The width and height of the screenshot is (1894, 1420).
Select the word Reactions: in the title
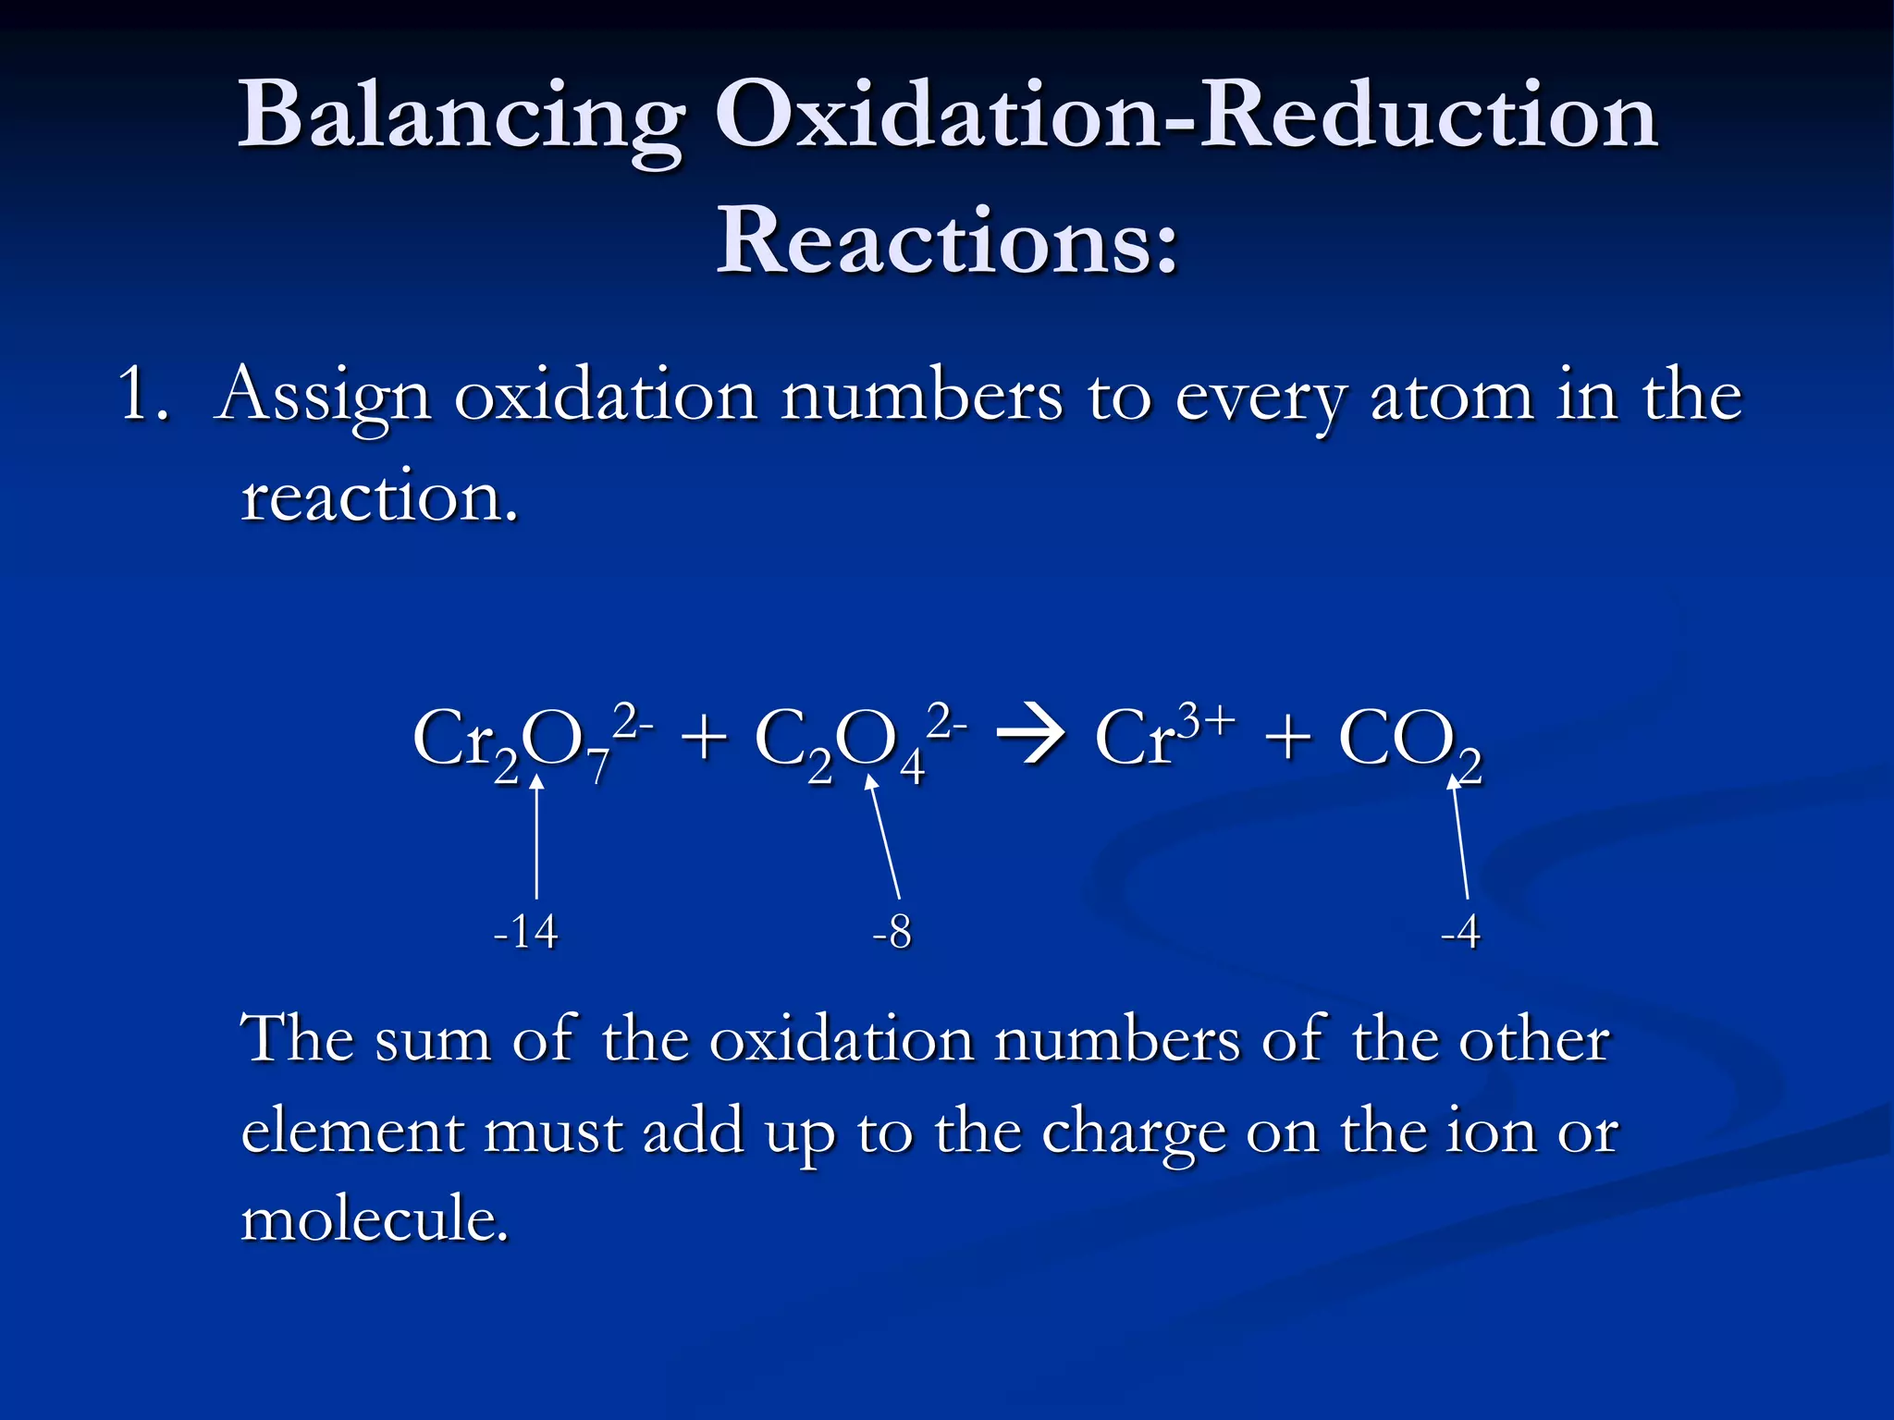[947, 241]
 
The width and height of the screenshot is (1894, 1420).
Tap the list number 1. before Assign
[143, 396]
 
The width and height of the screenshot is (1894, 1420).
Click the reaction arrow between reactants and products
[1030, 740]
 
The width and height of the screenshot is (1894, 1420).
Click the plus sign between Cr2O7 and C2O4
[704, 740]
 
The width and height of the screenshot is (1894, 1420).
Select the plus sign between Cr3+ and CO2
[1288, 740]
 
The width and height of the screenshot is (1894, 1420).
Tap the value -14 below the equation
[525, 932]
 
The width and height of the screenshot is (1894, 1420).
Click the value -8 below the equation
[892, 932]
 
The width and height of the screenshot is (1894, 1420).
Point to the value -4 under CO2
[1460, 932]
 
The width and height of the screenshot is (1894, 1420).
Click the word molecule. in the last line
[375, 1218]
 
